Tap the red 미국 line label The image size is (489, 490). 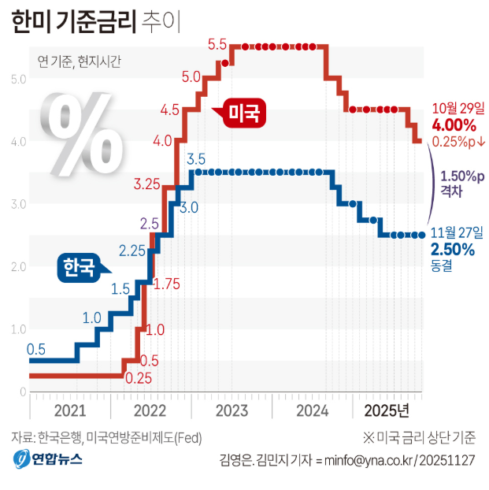(243, 113)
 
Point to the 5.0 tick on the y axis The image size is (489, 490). (19, 79)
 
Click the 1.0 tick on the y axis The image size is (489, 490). (19, 329)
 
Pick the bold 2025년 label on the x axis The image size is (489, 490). (387, 410)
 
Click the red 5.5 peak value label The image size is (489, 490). (218, 44)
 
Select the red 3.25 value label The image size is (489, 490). (147, 184)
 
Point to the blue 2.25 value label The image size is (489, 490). (132, 251)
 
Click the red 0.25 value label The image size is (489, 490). (139, 378)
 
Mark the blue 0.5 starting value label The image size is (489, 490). (36, 349)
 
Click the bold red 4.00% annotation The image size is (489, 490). (454, 125)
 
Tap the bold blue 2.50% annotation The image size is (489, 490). (453, 250)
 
